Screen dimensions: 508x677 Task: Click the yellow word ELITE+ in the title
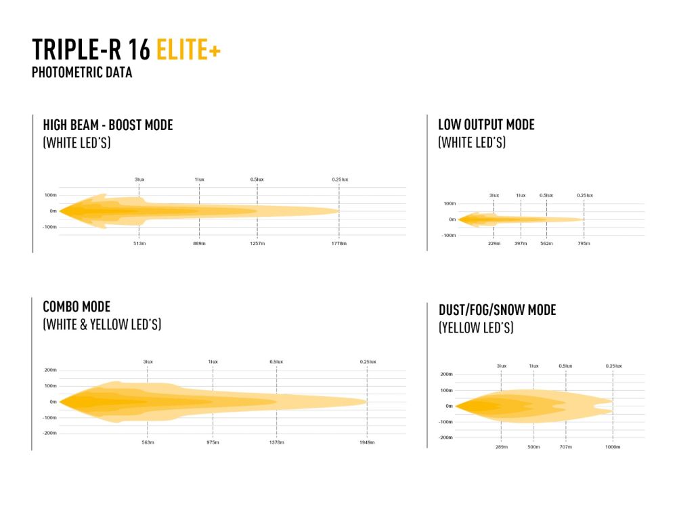pos(188,51)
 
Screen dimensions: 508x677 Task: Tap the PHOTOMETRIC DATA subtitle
pos(81,72)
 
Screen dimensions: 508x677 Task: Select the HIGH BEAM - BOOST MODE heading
pos(108,125)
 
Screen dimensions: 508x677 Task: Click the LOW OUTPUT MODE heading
pos(486,125)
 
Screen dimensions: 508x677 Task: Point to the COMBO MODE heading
pos(76,307)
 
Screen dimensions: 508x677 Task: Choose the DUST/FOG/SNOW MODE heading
pos(497,310)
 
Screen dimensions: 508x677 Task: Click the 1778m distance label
pos(339,243)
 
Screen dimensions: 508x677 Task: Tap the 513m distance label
pos(139,243)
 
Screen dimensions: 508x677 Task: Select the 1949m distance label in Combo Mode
pos(367,442)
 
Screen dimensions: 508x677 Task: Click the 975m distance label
pos(213,442)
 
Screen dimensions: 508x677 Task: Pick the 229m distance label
pos(494,243)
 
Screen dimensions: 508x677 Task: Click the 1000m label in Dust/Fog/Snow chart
pos(613,447)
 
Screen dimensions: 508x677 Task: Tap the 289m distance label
pos(502,447)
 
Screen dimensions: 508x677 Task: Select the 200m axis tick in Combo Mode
pos(50,371)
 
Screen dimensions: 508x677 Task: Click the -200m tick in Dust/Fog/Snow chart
pos(445,438)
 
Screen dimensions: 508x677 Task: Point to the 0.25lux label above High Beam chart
pos(340,179)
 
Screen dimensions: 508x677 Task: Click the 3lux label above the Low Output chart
pos(494,195)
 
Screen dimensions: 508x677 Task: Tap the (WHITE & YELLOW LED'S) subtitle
pos(102,325)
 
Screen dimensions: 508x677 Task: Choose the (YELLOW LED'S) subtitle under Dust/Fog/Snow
pos(475,329)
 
